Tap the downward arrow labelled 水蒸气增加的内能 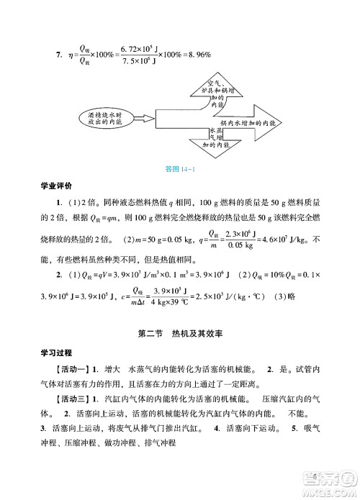coord(217,140)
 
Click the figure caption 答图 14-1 coord(181,170)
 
